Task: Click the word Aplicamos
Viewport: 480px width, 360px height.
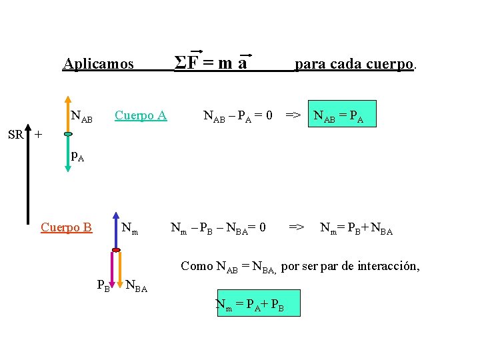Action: coord(98,64)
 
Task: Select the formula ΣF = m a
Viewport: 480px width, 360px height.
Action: coord(211,63)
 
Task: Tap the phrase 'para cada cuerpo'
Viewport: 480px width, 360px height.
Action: coord(356,64)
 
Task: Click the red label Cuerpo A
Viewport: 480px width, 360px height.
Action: coord(141,115)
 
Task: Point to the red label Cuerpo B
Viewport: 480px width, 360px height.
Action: coord(66,227)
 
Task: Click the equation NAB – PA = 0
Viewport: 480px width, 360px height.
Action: coord(237,115)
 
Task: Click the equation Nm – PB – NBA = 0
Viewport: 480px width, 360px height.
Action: coord(218,228)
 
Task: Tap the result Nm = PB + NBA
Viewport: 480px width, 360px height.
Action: coord(357,228)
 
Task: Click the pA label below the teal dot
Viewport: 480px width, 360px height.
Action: coord(77,158)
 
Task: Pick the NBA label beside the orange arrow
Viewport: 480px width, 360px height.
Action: coord(136,287)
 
